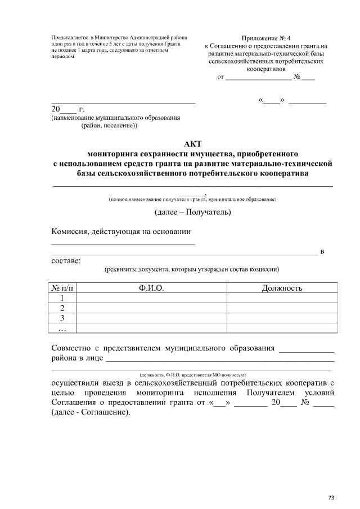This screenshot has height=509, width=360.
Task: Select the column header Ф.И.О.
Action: coord(151,288)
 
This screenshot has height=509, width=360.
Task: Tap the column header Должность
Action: coord(282,288)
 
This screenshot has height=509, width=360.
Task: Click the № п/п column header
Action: coord(63,288)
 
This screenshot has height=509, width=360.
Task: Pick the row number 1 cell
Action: coord(63,298)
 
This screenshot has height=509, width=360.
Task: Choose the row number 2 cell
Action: coord(63,308)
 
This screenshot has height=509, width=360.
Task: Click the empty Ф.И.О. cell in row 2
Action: coord(151,308)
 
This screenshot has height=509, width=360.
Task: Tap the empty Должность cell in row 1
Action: coord(282,298)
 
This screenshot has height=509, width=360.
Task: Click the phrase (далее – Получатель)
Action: coord(192,212)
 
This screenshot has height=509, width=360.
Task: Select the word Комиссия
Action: coord(71,231)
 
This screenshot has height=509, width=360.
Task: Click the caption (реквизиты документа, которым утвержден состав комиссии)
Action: coord(192,270)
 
